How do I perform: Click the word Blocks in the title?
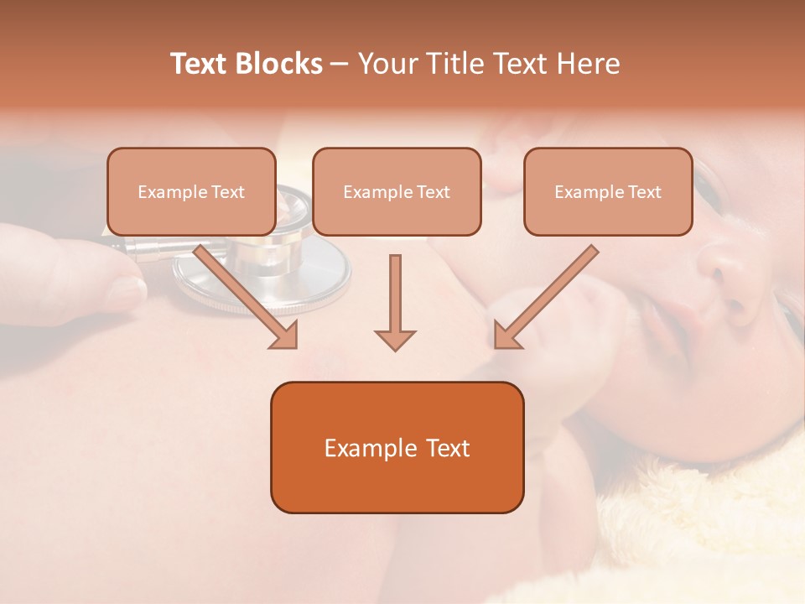279,64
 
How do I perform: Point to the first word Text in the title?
201,64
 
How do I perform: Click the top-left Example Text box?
191,191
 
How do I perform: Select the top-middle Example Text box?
397,191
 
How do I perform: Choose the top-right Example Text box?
608,191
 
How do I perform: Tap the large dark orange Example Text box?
397,447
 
